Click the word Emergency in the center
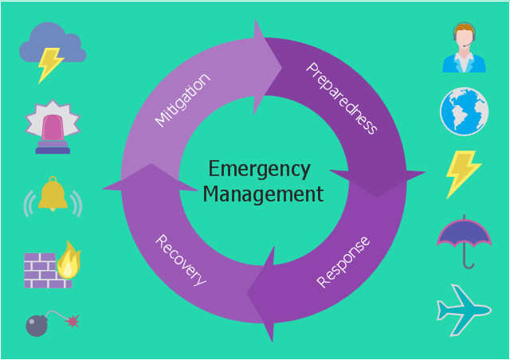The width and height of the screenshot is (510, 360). (259, 170)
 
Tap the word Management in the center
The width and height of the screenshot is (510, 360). (263, 194)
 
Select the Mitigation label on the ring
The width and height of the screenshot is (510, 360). (182, 100)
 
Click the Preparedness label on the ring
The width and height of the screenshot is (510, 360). (342, 97)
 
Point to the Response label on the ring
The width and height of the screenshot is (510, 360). (343, 262)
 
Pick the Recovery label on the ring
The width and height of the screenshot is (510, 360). (181, 260)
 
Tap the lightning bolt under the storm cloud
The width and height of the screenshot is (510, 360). (51, 64)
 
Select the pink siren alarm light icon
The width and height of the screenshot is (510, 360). (53, 127)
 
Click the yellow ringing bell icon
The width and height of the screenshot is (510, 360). (53, 195)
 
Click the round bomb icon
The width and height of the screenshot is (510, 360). (37, 326)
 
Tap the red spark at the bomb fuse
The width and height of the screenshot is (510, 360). (73, 321)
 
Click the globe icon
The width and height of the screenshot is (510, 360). (464, 112)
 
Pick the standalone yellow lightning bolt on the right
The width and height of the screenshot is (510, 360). (461, 172)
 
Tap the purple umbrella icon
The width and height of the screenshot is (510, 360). (464, 232)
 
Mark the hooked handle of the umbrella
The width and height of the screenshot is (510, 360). (469, 262)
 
